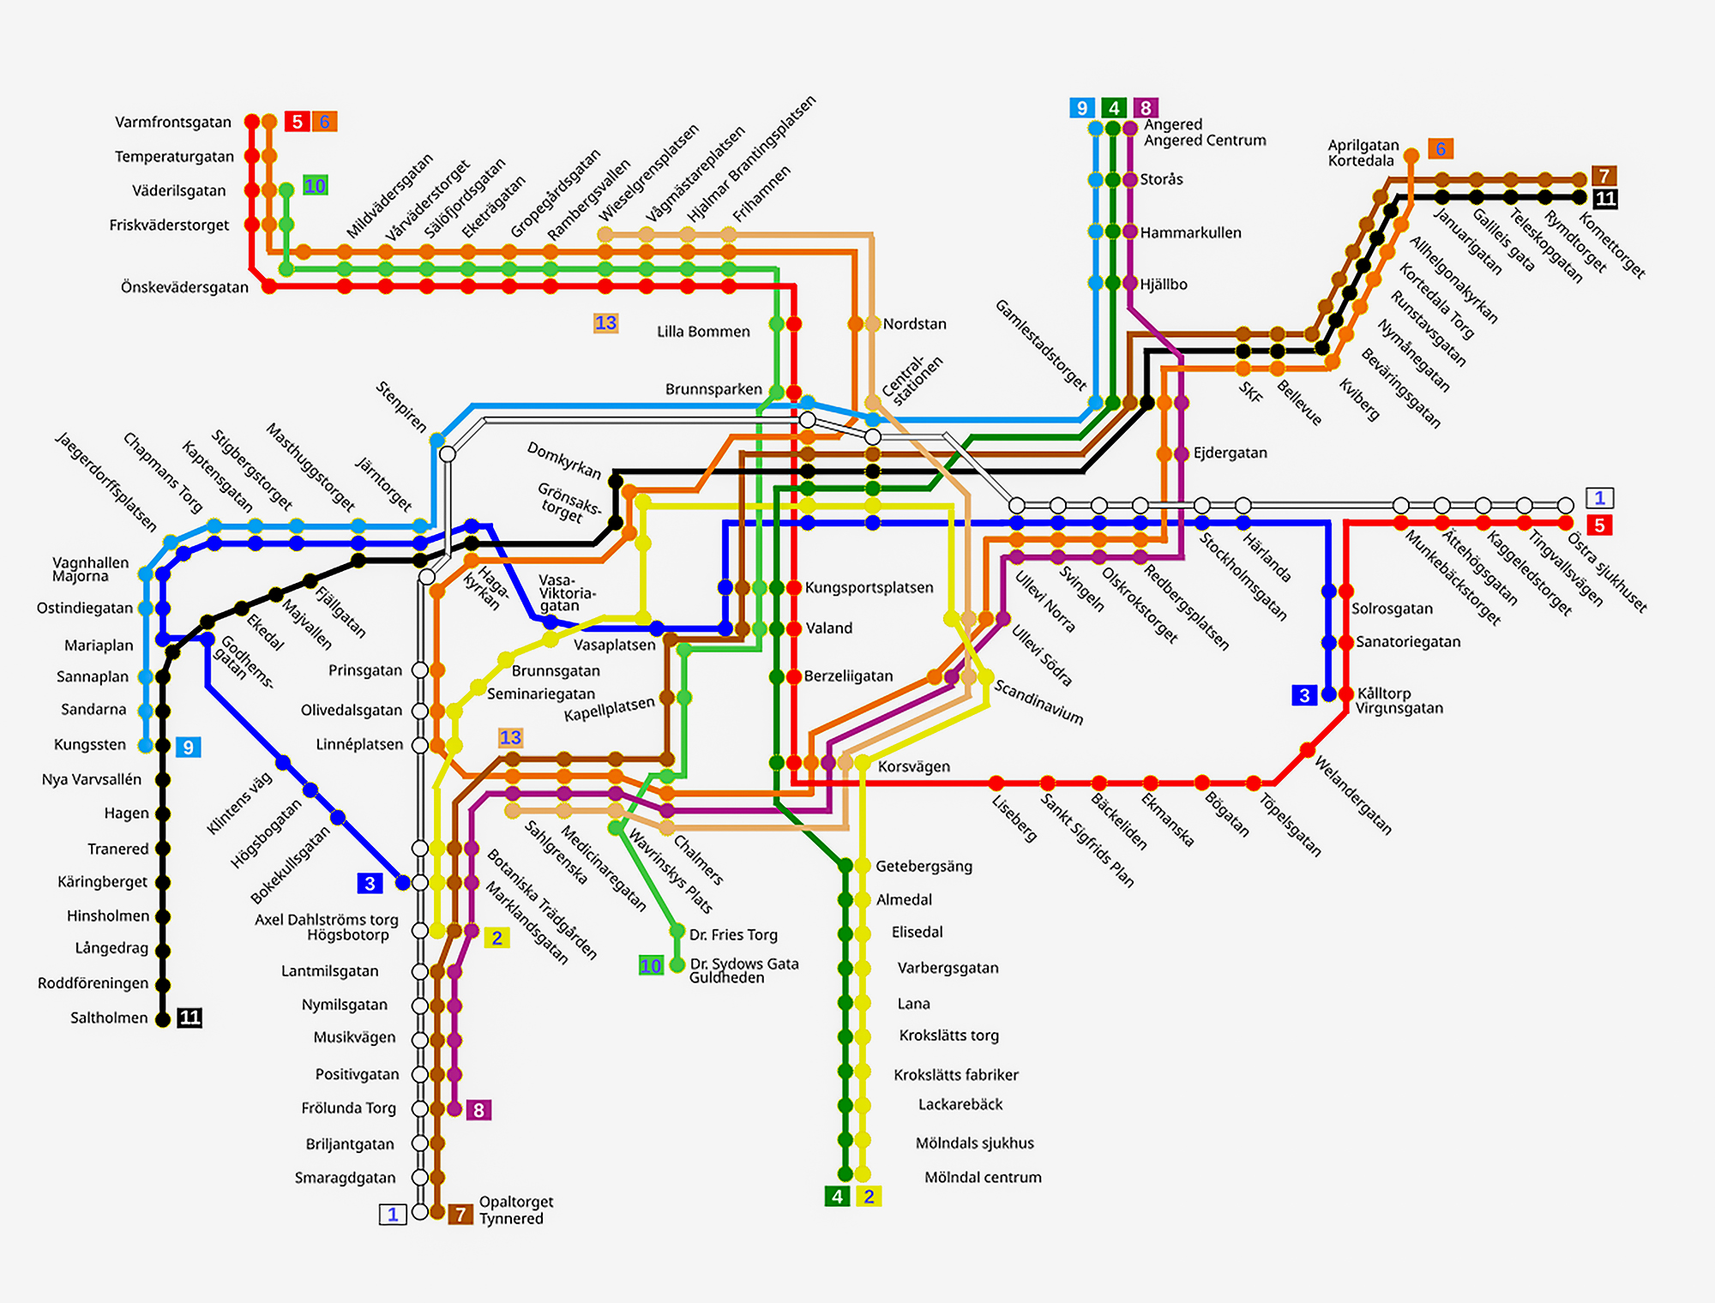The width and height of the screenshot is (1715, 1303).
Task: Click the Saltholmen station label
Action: coord(109,1018)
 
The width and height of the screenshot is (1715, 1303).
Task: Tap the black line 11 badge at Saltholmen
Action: coord(190,1018)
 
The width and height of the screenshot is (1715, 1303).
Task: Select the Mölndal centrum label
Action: coord(983,1177)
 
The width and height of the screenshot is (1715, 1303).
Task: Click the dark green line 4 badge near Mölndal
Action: coord(837,1197)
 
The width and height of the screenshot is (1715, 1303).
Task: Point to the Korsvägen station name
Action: coord(913,766)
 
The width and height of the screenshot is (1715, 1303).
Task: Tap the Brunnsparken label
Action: coord(713,389)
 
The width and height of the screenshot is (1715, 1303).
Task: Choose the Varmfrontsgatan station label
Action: coord(173,122)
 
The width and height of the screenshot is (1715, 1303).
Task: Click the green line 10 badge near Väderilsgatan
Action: coord(315,186)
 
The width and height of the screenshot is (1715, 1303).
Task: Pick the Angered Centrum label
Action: coord(1204,140)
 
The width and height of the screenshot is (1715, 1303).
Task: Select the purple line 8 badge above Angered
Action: coord(1146,108)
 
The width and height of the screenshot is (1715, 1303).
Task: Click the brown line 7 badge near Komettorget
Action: coord(1604,176)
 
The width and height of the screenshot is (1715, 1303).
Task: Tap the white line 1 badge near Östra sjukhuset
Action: coord(1599,498)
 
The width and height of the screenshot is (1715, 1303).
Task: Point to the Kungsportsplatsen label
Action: coord(869,587)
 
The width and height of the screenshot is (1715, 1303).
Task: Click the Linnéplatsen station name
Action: coord(359,744)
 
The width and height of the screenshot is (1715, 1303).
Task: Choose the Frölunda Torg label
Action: coord(348,1108)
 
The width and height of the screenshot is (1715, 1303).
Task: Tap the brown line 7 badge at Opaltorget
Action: coord(460,1214)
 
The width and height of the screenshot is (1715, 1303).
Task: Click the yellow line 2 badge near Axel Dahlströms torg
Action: coord(496,938)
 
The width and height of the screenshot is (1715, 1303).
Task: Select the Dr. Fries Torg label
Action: coord(733,934)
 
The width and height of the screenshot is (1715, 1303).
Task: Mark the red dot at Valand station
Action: coord(794,628)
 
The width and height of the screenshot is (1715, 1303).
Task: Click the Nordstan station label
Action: coord(914,324)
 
